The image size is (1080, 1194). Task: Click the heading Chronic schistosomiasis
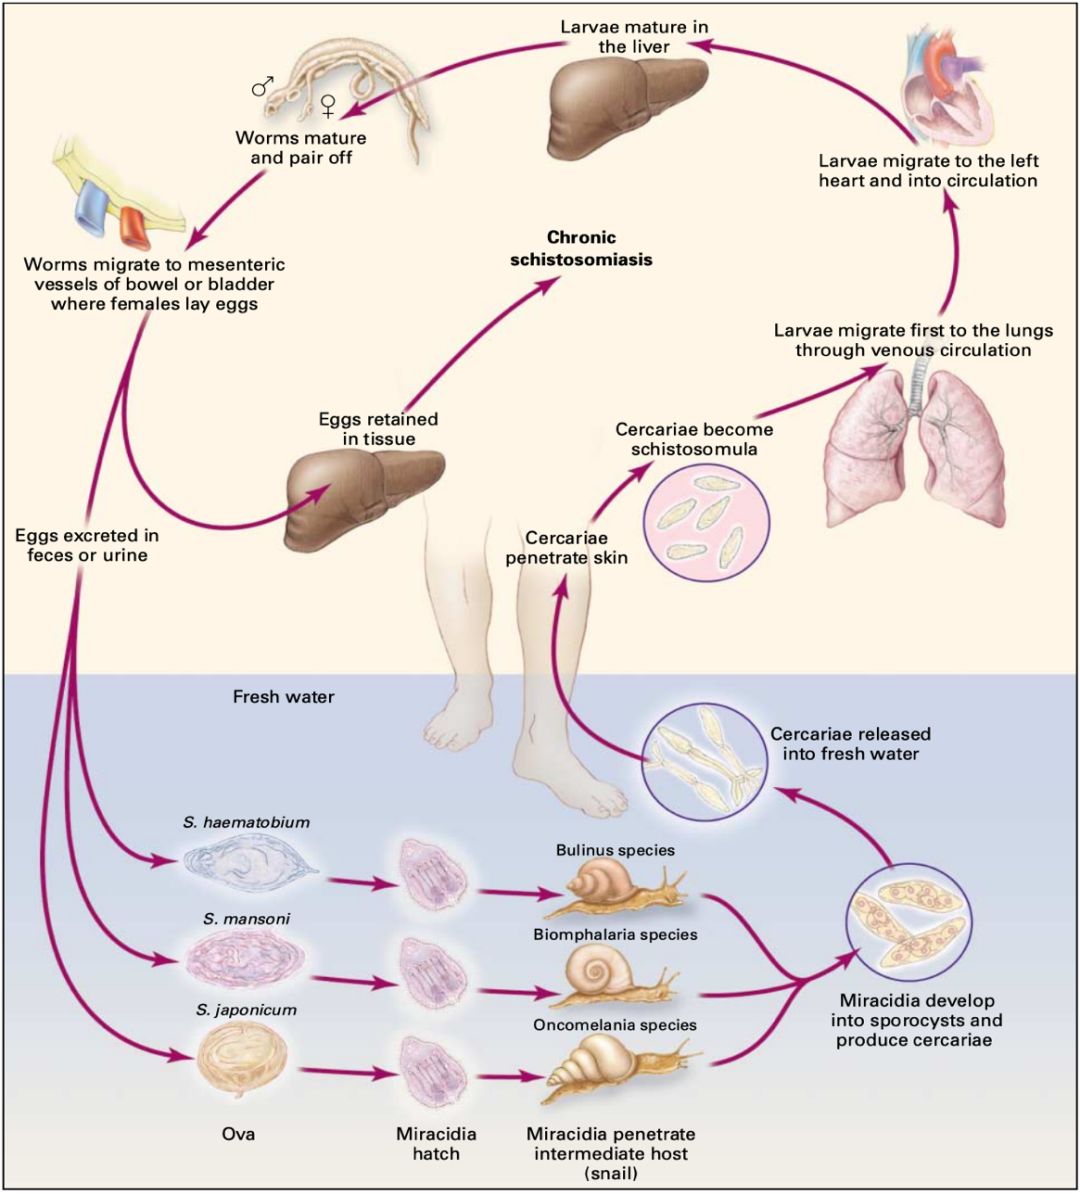(581, 248)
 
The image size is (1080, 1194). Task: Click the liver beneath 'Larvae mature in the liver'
(625, 105)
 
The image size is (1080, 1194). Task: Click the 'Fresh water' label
(283, 696)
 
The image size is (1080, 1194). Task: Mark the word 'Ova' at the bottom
(238, 1134)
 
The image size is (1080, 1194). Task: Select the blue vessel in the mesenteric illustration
(89, 205)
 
